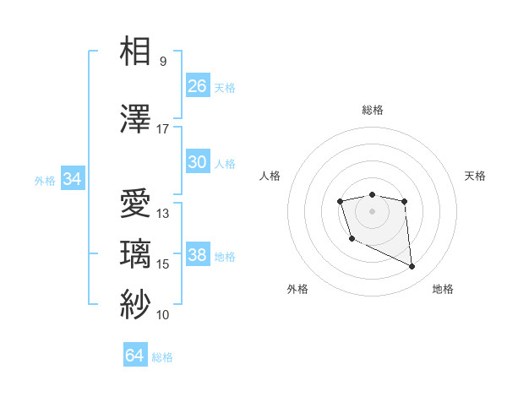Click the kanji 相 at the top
click(x=136, y=52)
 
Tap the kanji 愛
click(x=136, y=205)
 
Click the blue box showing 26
click(x=198, y=85)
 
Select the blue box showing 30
click(x=198, y=162)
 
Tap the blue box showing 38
click(x=198, y=255)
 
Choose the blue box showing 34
click(x=73, y=179)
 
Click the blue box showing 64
click(x=135, y=356)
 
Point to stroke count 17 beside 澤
click(x=163, y=129)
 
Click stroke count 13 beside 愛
click(x=163, y=214)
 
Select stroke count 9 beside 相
click(x=163, y=62)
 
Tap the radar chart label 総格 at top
click(x=373, y=110)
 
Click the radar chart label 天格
click(x=476, y=176)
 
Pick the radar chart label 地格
click(x=443, y=289)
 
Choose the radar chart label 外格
click(x=297, y=289)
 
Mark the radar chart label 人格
click(x=270, y=176)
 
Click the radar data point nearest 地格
click(x=412, y=267)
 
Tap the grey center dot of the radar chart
click(x=372, y=210)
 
